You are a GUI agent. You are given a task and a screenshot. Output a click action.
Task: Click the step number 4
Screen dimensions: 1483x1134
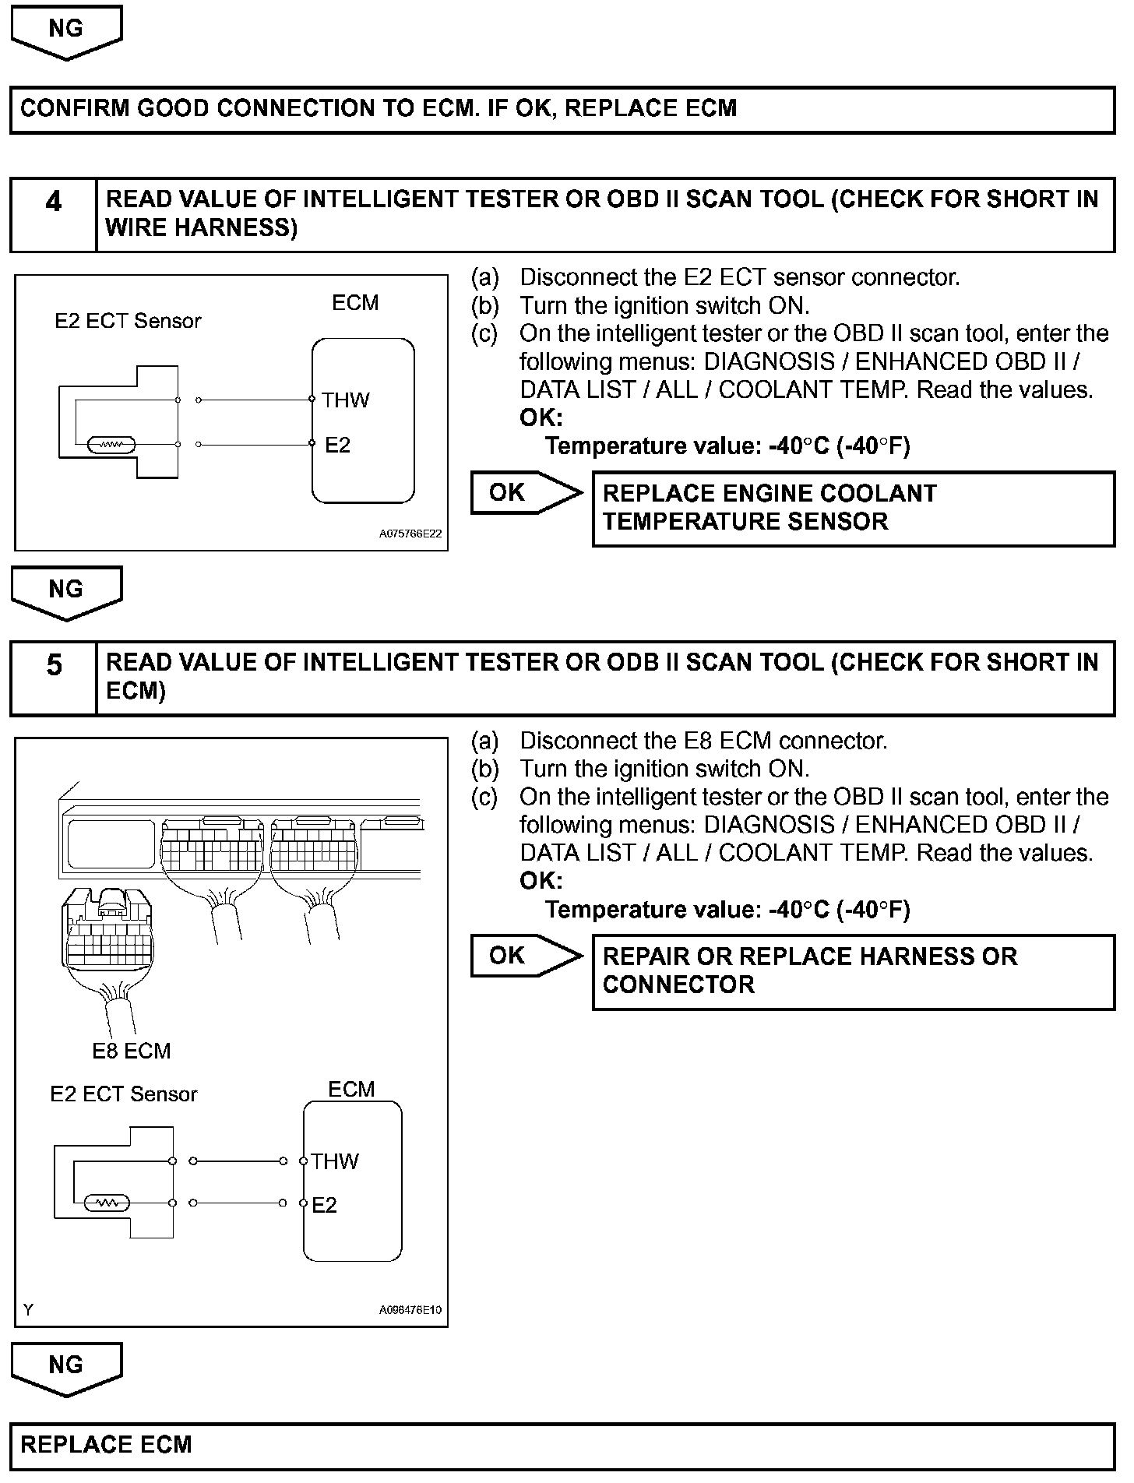pos(53,203)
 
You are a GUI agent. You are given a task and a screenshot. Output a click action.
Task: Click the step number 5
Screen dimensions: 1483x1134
pos(53,666)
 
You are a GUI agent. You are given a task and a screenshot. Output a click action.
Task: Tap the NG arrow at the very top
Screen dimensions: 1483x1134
pos(66,30)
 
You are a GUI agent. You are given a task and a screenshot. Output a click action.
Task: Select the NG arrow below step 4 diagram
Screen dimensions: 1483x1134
pos(66,590)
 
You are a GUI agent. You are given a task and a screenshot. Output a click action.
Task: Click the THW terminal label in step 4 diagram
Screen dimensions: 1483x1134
pos(346,400)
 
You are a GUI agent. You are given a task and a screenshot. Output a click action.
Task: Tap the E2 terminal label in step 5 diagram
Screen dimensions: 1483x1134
pos(324,1205)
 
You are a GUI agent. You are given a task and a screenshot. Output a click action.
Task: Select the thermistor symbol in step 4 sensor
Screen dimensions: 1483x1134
pos(112,445)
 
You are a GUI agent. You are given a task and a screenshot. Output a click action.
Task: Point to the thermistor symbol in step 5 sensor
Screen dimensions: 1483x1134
pos(106,1203)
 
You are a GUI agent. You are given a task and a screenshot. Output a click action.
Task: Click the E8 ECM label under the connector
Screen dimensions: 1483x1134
pos(131,1051)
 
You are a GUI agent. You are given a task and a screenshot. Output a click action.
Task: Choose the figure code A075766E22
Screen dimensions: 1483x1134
pos(410,534)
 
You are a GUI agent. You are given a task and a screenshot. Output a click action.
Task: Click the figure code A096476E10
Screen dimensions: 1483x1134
pos(410,1310)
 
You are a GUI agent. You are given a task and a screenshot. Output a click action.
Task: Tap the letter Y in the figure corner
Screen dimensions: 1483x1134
pos(29,1310)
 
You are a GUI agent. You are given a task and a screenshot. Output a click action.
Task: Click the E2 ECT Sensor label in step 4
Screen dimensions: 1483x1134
pos(128,321)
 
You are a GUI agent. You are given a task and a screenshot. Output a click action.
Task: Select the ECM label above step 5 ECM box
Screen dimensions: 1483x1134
pos(351,1089)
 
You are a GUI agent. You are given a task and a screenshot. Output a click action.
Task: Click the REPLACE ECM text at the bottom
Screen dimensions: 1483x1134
pos(106,1445)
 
